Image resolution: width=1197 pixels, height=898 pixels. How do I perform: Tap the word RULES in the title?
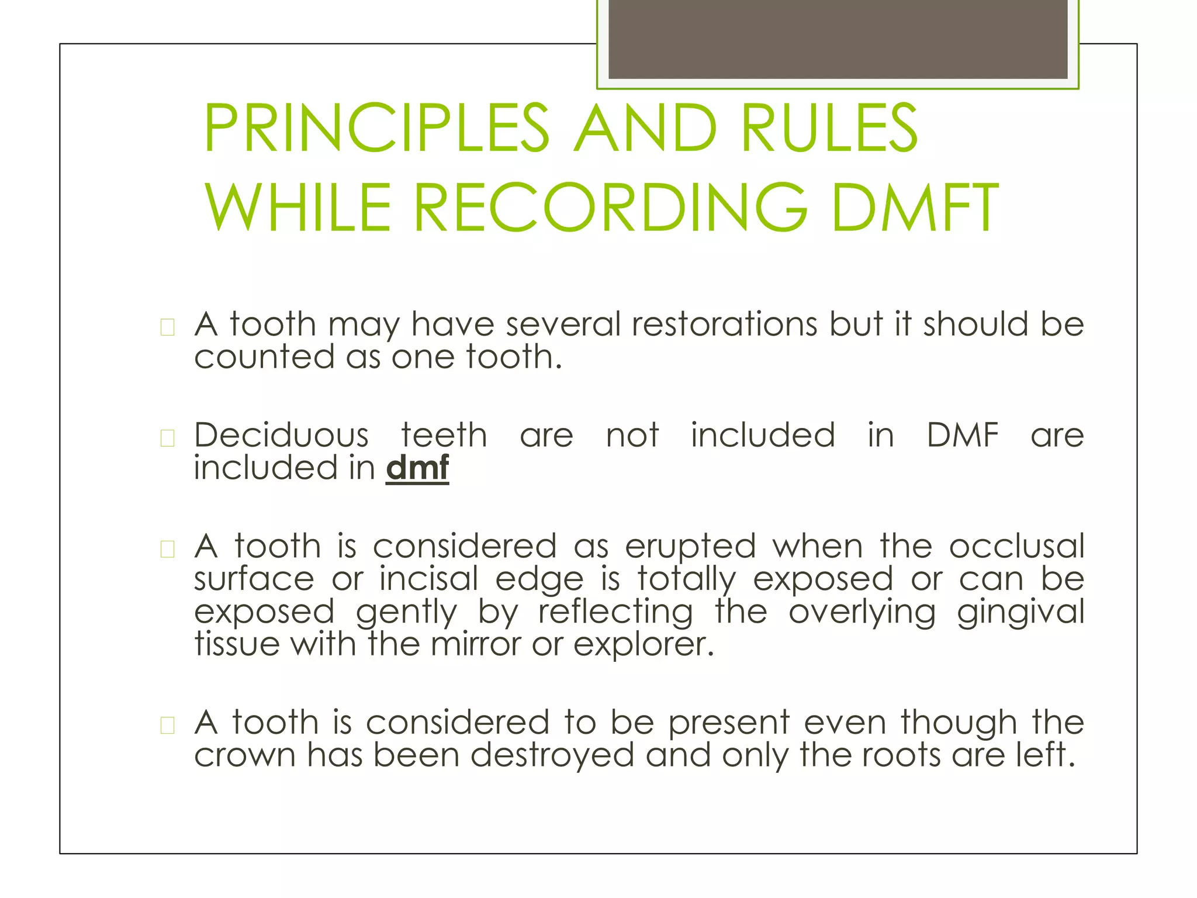[829, 129]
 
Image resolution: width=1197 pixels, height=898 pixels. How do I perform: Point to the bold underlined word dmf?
[417, 468]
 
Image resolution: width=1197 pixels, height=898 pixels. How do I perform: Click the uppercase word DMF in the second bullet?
[963, 436]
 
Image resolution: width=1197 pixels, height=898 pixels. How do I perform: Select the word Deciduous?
[282, 436]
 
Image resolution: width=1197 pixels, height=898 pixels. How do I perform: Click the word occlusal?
[1016, 547]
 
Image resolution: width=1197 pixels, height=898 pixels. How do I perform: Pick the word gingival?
[1020, 612]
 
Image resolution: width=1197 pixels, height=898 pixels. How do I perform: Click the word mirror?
[475, 644]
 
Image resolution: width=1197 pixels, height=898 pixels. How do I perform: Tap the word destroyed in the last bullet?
[552, 755]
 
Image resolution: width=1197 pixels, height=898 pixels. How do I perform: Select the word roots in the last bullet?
[900, 755]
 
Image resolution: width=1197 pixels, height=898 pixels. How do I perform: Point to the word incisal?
[429, 579]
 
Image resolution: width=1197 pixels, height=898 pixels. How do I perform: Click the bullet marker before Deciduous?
[168, 438]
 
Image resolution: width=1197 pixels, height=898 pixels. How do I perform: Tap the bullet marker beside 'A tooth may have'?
[168, 327]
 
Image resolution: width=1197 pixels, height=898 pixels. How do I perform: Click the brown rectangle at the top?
[838, 39]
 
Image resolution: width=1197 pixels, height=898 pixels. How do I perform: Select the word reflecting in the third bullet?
[615, 612]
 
